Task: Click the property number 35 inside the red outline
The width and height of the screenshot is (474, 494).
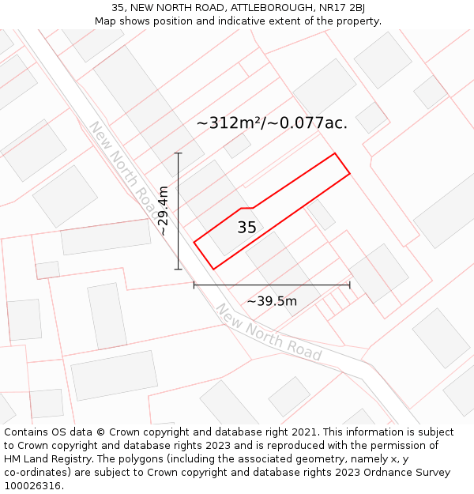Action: coord(246,228)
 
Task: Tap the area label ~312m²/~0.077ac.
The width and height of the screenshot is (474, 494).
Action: coord(272,123)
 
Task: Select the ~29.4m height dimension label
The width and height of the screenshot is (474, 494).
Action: coord(163,211)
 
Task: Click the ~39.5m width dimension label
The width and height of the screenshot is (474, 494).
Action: coord(272,301)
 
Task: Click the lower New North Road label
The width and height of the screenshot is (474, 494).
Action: coord(269,333)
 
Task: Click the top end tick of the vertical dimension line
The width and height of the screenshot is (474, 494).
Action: coord(179,153)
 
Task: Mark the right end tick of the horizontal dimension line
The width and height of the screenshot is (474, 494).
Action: coord(350,285)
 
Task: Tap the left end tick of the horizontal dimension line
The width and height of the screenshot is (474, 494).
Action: coord(194,285)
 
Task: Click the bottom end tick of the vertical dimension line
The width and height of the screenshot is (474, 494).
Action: coord(179,269)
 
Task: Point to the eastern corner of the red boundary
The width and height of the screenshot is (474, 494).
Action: coord(349,173)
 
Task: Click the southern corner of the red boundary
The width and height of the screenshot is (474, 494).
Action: coord(213,269)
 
